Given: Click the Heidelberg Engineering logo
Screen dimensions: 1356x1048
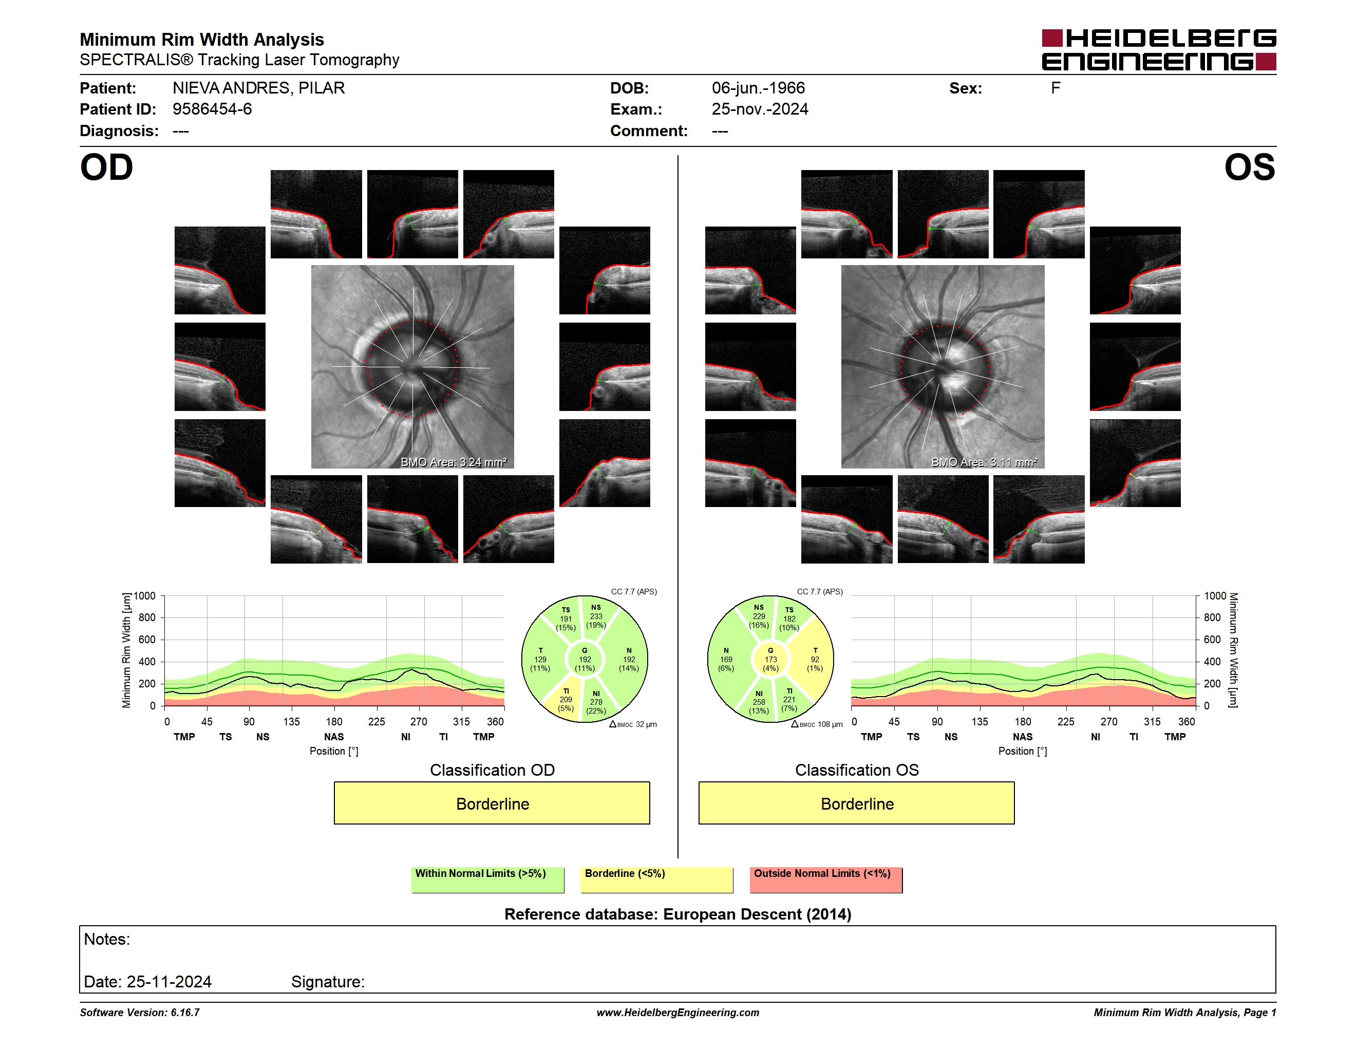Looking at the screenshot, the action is coord(1159,50).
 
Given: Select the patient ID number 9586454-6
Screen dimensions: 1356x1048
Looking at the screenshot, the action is coord(212,109).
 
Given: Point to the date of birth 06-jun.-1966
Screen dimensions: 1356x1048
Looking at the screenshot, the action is coord(758,88).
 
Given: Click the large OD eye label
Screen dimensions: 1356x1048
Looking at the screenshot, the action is coord(106,167).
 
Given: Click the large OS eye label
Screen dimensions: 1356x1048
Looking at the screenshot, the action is coord(1249,167).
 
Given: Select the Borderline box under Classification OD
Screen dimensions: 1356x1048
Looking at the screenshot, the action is coord(492,803).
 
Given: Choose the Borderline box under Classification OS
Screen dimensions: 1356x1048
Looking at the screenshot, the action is coord(857,803).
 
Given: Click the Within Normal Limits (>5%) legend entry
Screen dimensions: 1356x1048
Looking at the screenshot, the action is coord(487,879).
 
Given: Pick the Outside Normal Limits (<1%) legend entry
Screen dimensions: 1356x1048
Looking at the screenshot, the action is coord(826,879).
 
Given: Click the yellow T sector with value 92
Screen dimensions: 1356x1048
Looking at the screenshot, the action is coord(814,659).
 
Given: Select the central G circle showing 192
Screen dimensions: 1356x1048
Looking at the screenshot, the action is coord(584,659).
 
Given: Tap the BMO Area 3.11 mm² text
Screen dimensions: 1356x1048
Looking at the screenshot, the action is coord(984,462).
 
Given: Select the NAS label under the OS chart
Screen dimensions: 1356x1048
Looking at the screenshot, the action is coord(1023,737).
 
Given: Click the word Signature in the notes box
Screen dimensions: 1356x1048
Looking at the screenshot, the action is coord(328,982).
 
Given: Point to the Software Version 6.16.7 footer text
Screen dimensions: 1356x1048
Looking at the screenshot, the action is coord(140,1013).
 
